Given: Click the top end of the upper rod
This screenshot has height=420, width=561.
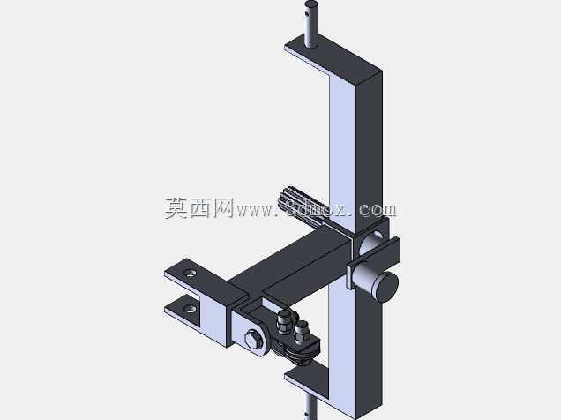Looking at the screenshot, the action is tap(310, 4).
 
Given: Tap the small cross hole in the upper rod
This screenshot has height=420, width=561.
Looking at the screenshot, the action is tap(307, 14).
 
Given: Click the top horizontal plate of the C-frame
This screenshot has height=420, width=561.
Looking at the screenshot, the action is tap(333, 57).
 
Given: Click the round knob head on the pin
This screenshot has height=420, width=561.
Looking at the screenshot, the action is tap(385, 287).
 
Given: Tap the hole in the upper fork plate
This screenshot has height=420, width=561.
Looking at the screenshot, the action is tap(190, 274).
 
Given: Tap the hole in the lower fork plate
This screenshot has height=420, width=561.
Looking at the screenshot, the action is tap(190, 308).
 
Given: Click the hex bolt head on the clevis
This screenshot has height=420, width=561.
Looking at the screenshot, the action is tap(252, 340).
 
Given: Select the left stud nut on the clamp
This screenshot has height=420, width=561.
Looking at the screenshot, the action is tap(284, 322).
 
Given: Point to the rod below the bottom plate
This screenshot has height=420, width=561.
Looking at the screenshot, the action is tap(310, 407).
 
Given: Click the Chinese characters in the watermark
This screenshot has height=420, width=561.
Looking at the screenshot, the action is tap(199, 208).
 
